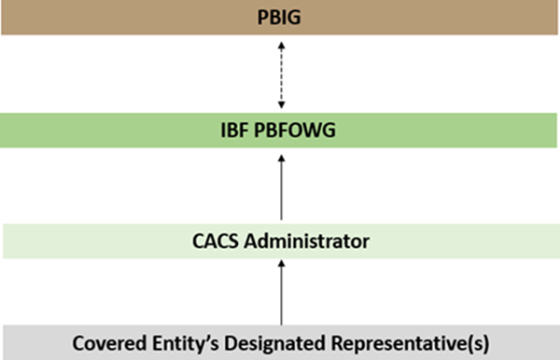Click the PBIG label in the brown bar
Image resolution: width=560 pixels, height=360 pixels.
(x=279, y=17)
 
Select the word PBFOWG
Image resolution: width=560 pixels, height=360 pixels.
(x=298, y=132)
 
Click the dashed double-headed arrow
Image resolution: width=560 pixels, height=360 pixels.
(x=280, y=75)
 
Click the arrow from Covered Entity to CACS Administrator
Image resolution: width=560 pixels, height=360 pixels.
(x=280, y=294)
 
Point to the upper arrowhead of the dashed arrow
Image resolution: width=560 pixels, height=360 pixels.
(x=280, y=43)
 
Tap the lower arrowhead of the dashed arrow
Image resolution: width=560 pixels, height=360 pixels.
(x=280, y=106)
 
